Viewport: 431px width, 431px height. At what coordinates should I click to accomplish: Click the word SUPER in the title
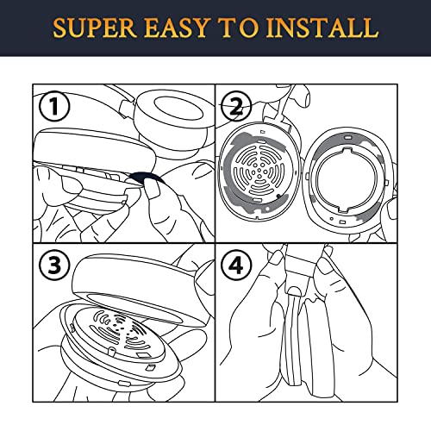tap(95, 28)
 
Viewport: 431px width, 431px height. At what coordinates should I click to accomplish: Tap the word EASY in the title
tap(176, 28)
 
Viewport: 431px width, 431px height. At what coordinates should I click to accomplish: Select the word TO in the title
tap(237, 28)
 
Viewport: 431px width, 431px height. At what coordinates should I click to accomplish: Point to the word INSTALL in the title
tap(322, 28)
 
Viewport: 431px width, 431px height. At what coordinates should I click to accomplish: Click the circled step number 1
tap(54, 107)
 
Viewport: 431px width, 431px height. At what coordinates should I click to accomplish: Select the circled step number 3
tap(54, 265)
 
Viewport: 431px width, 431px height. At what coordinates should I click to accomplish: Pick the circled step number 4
tap(237, 265)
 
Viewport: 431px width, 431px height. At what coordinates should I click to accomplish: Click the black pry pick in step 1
tap(147, 178)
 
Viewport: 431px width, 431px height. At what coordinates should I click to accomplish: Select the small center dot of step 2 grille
tap(259, 170)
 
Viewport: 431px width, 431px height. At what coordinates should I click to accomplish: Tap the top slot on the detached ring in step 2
tap(347, 137)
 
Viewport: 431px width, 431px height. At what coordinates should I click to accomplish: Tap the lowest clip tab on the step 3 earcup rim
tap(124, 383)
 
